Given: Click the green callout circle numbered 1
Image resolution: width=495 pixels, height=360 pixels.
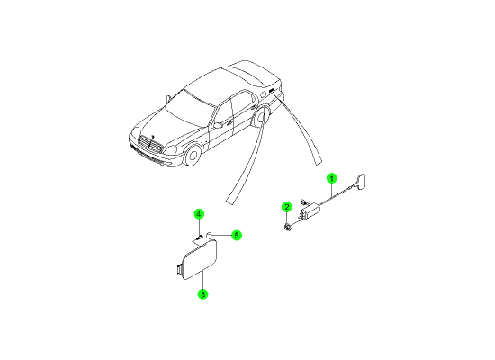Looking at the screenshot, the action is (331, 179).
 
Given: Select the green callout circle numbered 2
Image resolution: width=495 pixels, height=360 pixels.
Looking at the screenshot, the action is (286, 207).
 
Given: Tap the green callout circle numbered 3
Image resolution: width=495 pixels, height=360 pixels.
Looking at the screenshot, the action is (202, 294).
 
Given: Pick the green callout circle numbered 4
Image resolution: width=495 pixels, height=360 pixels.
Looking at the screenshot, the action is (199, 214).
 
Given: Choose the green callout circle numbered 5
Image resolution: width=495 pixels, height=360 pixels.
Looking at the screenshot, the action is (237, 235).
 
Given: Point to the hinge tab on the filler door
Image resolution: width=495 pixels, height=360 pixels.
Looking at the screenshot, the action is (179, 269).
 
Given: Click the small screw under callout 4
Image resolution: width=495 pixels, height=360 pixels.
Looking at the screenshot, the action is (199, 238).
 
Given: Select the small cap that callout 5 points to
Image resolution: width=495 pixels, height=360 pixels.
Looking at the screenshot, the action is (209, 235).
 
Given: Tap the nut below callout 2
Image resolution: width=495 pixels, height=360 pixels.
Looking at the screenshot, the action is (287, 227).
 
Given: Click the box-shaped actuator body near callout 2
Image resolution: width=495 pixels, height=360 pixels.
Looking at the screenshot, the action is (310, 210).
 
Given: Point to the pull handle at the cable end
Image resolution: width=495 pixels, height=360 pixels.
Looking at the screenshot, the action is (360, 182).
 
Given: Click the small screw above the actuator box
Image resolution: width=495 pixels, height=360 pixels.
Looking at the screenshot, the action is (303, 202).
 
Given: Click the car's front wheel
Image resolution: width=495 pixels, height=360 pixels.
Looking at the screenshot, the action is (193, 156).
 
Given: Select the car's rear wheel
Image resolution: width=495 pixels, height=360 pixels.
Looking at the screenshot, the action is (261, 116).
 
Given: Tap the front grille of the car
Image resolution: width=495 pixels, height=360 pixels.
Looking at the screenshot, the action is (150, 144).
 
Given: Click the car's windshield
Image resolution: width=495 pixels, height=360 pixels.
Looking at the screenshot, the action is (189, 107).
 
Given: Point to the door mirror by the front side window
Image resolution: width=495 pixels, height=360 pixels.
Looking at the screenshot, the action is (218, 125).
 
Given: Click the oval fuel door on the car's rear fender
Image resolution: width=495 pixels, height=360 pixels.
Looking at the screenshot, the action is (263, 94).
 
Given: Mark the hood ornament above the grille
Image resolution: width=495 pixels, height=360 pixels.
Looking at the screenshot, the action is (153, 137).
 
